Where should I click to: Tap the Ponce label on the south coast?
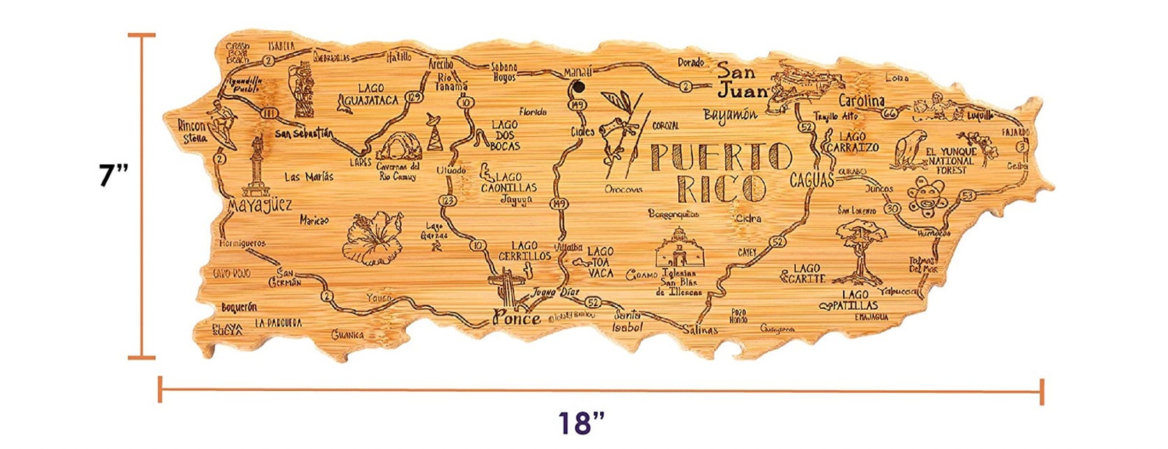[517, 318]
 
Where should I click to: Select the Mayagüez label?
[260, 204]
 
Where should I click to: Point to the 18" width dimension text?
[581, 423]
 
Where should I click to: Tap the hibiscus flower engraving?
[374, 237]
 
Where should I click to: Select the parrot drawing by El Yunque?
[910, 150]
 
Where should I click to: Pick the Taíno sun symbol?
[925, 197]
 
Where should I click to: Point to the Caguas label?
[812, 180]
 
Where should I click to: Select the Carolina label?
[861, 101]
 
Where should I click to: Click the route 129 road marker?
[415, 97]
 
